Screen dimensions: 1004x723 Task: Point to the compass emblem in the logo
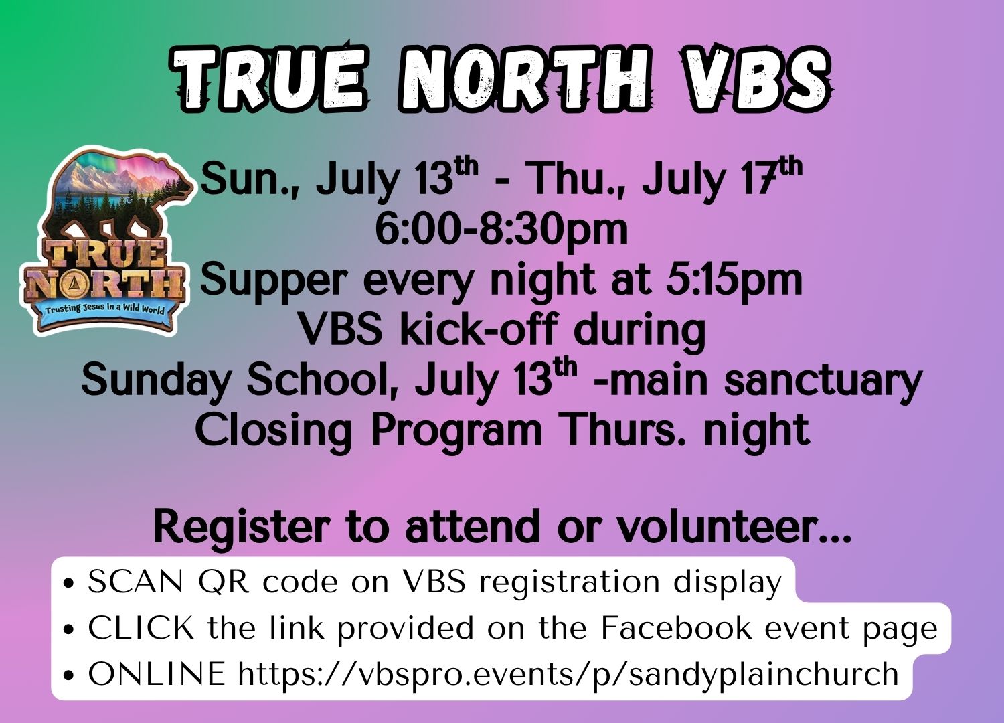(x=72, y=285)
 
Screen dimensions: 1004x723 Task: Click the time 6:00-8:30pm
(x=501, y=230)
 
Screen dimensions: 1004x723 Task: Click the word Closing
(x=273, y=430)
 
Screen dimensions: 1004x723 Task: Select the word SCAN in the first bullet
(x=135, y=582)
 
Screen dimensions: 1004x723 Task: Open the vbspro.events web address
(x=568, y=675)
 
